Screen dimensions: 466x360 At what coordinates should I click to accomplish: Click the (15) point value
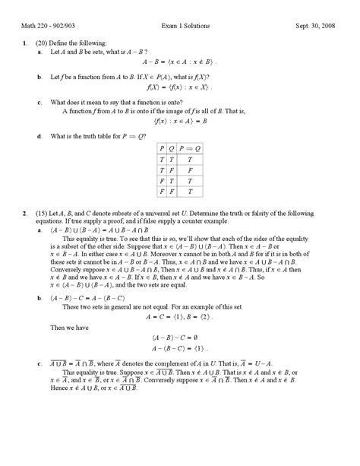coord(41,211)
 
